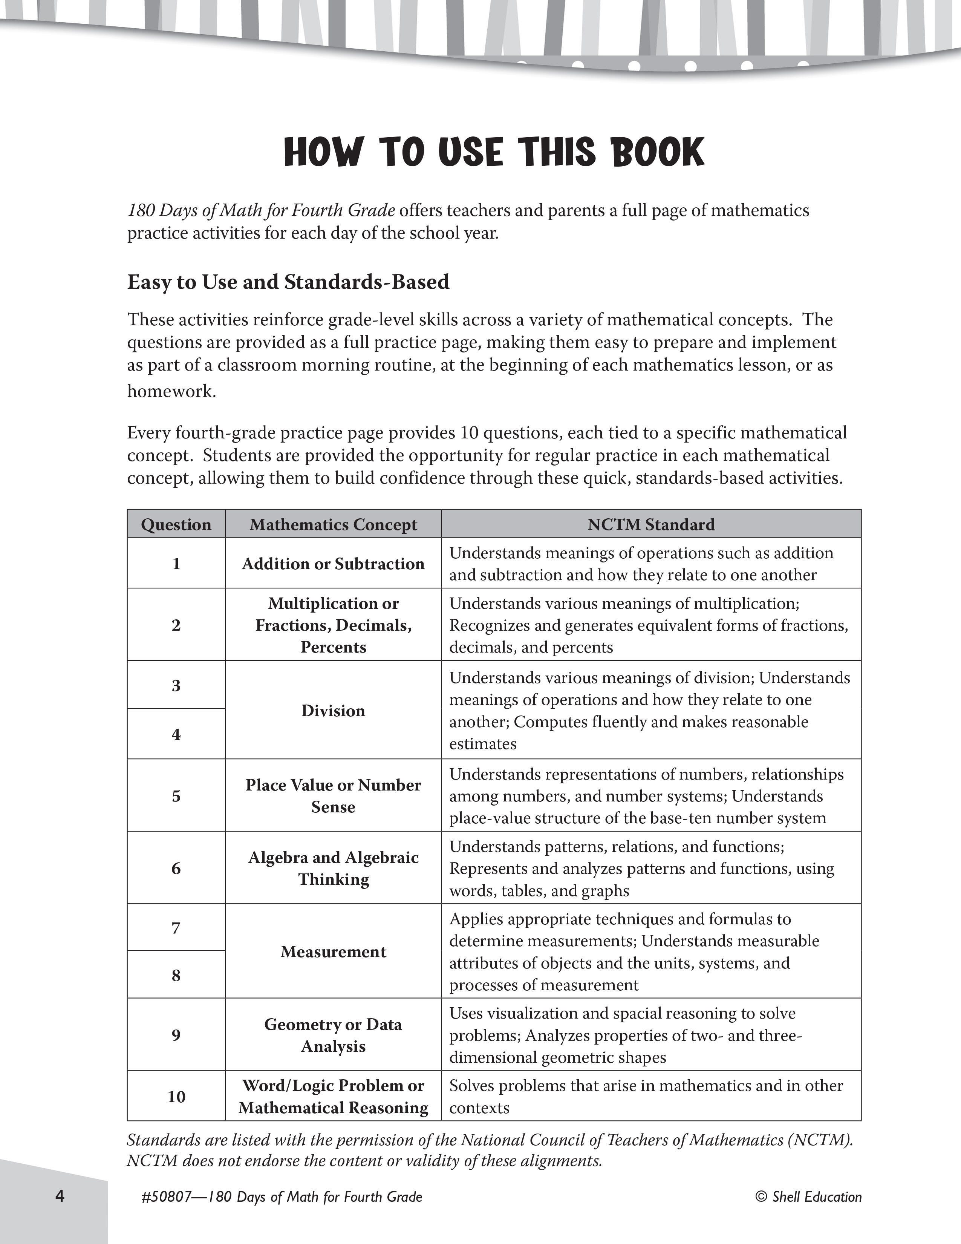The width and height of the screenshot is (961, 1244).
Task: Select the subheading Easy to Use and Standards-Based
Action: tap(288, 282)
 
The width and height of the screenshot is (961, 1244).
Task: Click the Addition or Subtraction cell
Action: tap(333, 563)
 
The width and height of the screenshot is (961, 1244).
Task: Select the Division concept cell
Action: tap(333, 710)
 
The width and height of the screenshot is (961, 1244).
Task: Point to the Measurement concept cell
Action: tap(333, 951)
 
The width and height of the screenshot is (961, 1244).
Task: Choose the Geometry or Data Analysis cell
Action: tap(333, 1035)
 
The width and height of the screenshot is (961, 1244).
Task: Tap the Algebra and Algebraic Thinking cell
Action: tap(333, 868)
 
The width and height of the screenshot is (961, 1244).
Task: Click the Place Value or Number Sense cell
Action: tap(333, 796)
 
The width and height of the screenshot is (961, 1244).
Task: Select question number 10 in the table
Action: tap(176, 1097)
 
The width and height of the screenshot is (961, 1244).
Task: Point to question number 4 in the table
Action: tap(176, 735)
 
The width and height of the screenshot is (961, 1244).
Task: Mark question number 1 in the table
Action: tap(176, 563)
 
